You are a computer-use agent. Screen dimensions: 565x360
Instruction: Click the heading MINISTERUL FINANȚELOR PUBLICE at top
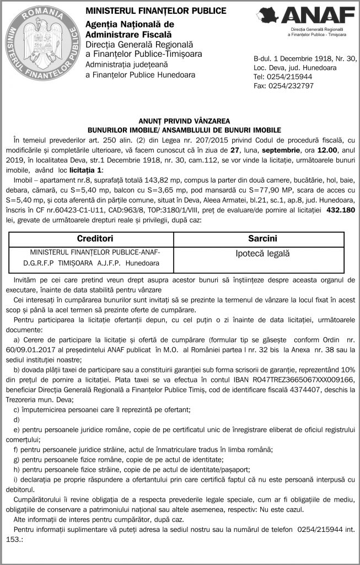pyautogui.click(x=155, y=10)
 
